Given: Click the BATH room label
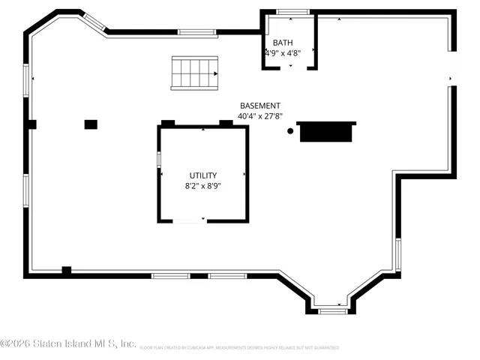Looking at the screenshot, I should pyautogui.click(x=283, y=43).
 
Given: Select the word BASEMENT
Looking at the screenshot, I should pyautogui.click(x=260, y=106).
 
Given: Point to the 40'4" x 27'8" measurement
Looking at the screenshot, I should pyautogui.click(x=260, y=116).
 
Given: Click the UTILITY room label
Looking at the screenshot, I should pyautogui.click(x=202, y=175).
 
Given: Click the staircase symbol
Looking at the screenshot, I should pyautogui.click(x=194, y=73).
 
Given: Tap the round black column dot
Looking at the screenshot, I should pyautogui.click(x=290, y=131).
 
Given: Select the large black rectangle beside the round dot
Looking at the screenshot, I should pyautogui.click(x=325, y=132).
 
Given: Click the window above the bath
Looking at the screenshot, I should pyautogui.click(x=293, y=12).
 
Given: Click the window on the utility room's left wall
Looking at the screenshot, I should pyautogui.click(x=158, y=160).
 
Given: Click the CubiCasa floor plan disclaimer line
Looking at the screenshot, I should pyautogui.click(x=239, y=348).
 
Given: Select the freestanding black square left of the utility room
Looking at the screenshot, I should pyautogui.click(x=91, y=124).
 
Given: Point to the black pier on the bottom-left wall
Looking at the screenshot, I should pyautogui.click(x=66, y=271).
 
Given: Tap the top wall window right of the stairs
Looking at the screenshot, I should pyautogui.click(x=193, y=32).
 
